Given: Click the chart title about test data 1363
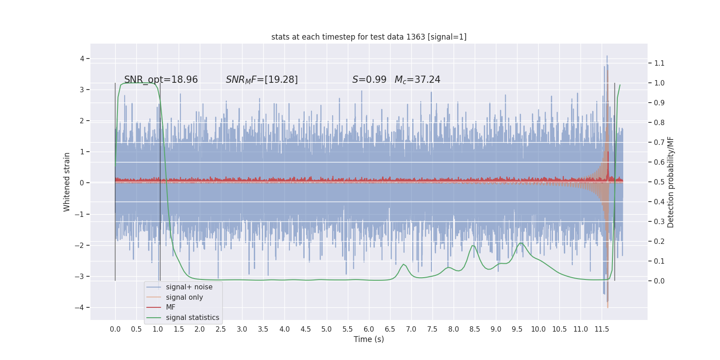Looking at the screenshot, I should [369, 37].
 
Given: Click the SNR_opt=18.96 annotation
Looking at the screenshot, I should [161, 80].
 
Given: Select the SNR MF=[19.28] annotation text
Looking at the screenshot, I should [261, 80].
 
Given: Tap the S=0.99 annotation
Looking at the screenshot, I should [369, 80].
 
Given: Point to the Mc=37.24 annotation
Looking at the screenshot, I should [417, 80].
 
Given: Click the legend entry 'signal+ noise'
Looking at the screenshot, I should [189, 287].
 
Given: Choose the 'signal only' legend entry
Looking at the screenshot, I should [184, 297].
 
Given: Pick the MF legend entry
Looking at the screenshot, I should [171, 307].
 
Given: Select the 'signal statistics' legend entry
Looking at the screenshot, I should [192, 318].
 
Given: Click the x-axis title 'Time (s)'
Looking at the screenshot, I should [369, 339].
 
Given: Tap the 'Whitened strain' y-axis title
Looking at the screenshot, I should [67, 182].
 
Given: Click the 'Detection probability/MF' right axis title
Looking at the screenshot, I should [670, 182].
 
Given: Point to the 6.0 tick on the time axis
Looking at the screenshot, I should [369, 329].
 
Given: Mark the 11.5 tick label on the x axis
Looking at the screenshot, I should [601, 329].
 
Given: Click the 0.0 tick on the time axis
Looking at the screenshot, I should [115, 329].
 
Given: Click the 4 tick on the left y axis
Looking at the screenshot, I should [82, 58].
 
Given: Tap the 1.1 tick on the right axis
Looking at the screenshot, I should [659, 63].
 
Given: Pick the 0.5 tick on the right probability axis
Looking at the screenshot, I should [659, 182].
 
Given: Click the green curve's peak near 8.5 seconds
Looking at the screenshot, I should [473, 245].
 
